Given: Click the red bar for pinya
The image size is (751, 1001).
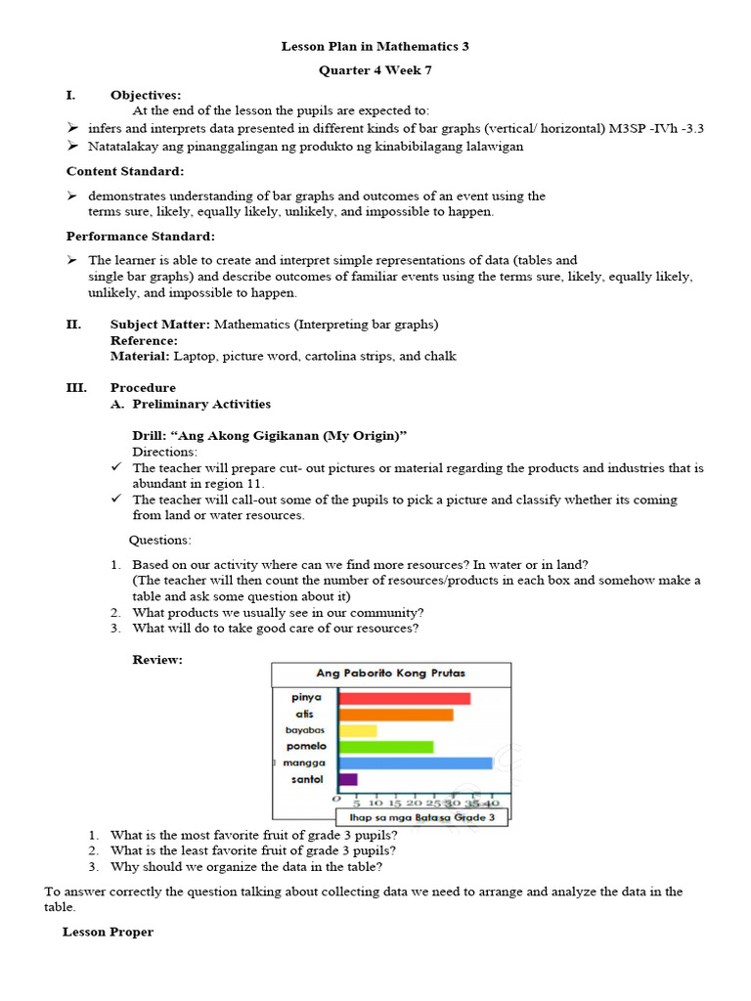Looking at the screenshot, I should (404, 698).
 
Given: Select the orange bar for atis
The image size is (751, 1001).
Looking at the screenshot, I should (395, 715).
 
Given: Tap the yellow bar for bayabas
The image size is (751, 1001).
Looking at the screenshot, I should (357, 730).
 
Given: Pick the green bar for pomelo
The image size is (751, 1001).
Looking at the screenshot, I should (385, 747).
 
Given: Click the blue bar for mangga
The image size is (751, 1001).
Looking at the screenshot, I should (415, 762).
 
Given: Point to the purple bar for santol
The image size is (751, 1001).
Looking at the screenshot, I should (348, 779).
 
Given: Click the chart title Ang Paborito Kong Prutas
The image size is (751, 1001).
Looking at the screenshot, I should (390, 674).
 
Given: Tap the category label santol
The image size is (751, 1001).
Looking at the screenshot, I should (307, 779).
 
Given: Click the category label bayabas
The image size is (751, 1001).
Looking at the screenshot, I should (304, 730).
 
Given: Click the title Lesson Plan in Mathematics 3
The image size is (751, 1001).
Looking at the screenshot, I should (375, 46).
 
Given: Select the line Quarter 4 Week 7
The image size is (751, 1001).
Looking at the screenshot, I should (375, 71).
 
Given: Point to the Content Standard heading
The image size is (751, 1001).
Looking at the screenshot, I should (124, 171).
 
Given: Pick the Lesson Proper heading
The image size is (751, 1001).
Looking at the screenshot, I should (108, 932).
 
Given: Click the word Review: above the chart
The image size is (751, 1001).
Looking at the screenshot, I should (157, 660).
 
